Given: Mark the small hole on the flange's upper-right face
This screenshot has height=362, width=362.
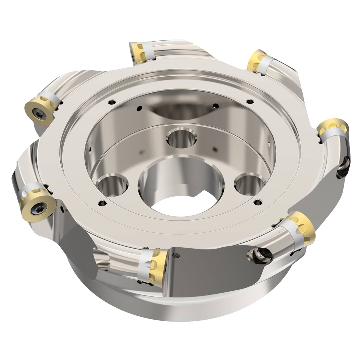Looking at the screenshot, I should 249,102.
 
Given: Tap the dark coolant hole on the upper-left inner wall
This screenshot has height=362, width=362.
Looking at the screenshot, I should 139,107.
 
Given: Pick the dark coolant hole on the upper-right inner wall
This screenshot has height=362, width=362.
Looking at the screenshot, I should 216,106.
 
